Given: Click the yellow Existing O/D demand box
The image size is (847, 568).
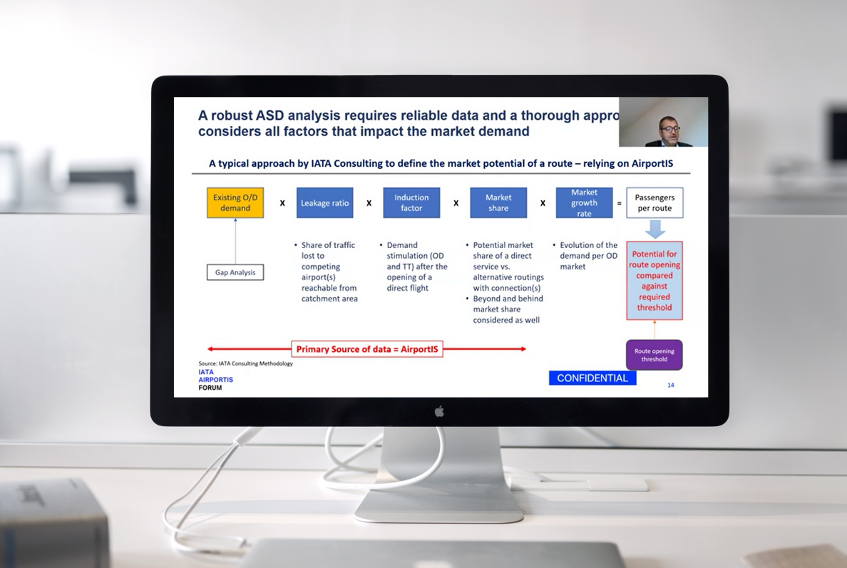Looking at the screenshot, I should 235,203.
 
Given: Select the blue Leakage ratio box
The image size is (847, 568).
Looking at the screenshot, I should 325,203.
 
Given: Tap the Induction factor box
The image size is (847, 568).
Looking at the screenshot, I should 411,203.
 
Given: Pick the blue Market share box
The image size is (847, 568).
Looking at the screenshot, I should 498,203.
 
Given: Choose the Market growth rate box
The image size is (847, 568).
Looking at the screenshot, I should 584,203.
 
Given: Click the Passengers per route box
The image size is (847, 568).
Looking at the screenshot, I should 654,203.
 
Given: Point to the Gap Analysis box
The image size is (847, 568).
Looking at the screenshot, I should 235,272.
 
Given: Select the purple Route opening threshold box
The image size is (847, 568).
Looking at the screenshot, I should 654,355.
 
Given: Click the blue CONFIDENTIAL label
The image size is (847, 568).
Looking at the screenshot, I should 592,378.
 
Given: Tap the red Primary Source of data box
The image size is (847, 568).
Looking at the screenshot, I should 367,349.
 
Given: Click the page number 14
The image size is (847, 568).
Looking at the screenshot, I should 671,386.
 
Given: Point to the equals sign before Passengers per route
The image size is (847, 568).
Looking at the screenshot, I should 619,204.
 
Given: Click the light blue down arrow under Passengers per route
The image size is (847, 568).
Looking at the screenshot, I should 654,229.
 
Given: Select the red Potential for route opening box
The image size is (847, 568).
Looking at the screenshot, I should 654,281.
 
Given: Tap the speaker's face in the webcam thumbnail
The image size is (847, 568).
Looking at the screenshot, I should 668,128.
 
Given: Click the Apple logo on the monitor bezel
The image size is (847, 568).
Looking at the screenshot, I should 439,411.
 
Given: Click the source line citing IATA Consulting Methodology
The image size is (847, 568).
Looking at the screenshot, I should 245,363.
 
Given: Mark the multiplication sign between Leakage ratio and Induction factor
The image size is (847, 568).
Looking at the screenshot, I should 369,204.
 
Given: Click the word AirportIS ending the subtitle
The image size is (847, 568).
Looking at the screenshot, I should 652,163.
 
